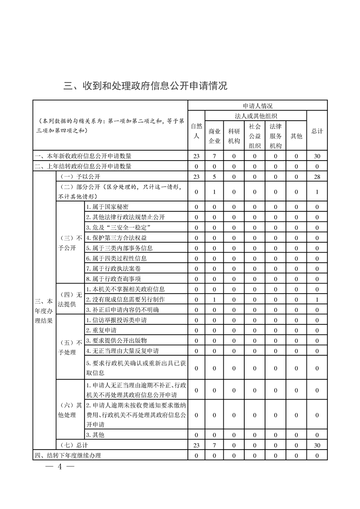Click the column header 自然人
(x=196, y=131)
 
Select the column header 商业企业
(x=214, y=136)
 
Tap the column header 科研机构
(x=234, y=136)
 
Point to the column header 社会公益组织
(x=255, y=136)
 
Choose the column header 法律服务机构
(x=276, y=136)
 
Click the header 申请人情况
(x=257, y=106)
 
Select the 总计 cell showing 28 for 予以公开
(x=317, y=176)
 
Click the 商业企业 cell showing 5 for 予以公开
(x=214, y=176)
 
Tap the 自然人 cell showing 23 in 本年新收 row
(x=196, y=156)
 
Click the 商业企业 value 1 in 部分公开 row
(x=214, y=192)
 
